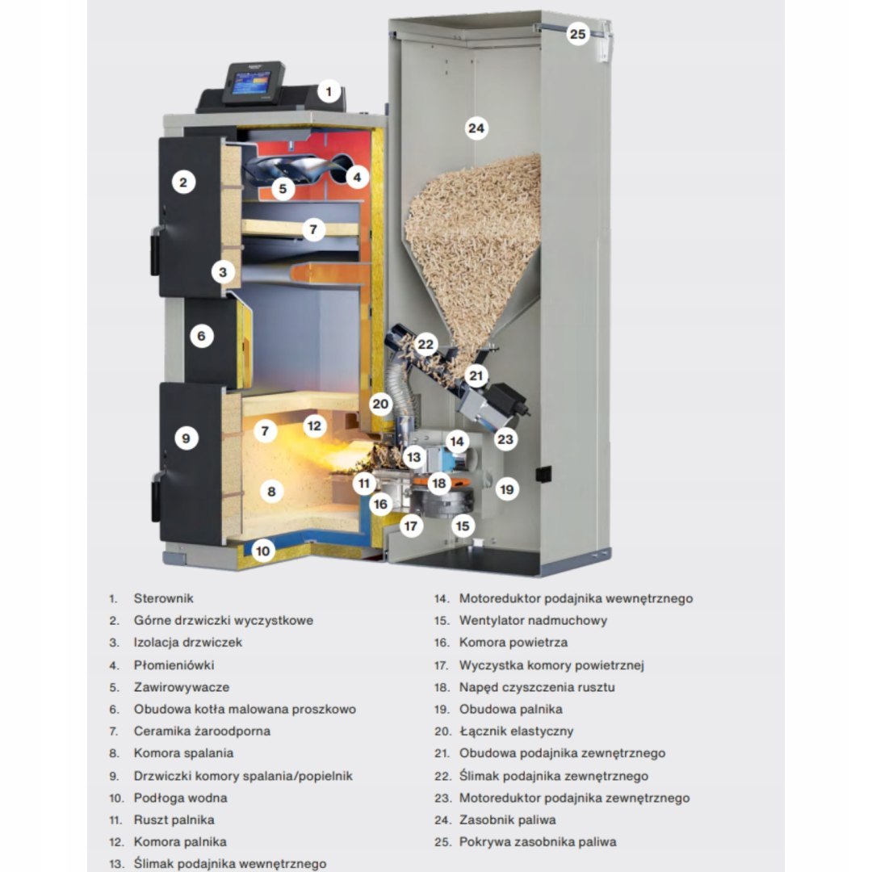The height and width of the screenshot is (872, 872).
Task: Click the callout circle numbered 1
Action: [x=329, y=92]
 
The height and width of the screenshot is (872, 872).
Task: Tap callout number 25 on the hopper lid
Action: [x=578, y=35]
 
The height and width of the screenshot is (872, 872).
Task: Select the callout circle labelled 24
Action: [x=476, y=128]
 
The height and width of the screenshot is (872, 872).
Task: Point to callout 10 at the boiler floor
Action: [x=262, y=551]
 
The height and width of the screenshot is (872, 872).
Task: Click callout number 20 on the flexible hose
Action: [x=380, y=405]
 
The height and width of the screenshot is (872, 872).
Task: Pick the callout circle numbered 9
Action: [x=186, y=438]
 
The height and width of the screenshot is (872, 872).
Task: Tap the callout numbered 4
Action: [x=357, y=178]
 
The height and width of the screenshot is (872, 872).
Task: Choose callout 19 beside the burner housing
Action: [x=506, y=490]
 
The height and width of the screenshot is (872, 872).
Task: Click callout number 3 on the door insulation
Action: [x=223, y=273]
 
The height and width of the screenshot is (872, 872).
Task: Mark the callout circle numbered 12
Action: [x=314, y=426]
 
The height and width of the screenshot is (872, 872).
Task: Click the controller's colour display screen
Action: [x=250, y=86]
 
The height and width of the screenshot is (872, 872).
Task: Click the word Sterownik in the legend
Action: [x=163, y=598]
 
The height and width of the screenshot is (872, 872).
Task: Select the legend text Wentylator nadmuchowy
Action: [x=533, y=621]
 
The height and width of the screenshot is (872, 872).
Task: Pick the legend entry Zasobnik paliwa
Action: [x=507, y=820]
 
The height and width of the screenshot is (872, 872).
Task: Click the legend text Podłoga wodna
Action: [x=180, y=798]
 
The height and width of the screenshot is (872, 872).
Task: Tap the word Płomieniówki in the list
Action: [x=174, y=665]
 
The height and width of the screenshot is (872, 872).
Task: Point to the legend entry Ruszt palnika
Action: [x=174, y=820]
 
